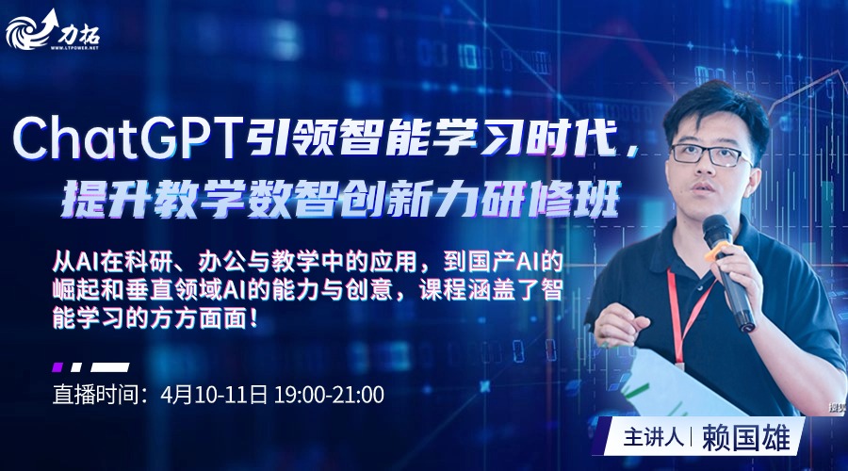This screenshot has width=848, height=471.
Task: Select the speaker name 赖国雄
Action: [746, 438]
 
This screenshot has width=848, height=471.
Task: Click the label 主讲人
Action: [653, 438]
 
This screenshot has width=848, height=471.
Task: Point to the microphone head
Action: [717, 229]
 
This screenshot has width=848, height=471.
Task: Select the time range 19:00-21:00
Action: [329, 395]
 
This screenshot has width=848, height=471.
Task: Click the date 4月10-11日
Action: [214, 395]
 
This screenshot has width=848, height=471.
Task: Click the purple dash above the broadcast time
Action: [57, 367]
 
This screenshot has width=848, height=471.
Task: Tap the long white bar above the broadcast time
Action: [110, 367]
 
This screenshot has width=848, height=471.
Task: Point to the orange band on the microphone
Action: [721, 251]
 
